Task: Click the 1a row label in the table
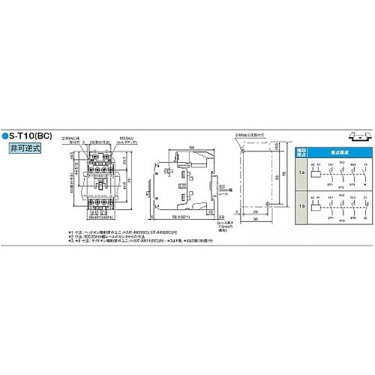301,172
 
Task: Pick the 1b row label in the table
301,205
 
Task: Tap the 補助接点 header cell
301,152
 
